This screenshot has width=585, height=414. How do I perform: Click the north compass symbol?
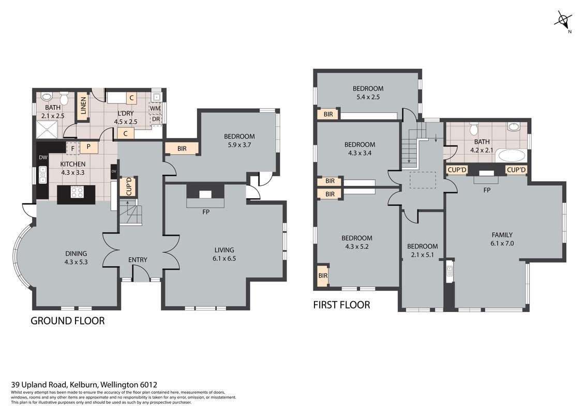[563, 20]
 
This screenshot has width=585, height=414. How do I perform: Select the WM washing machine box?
[155, 108]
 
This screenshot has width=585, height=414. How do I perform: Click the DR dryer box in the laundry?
[156, 119]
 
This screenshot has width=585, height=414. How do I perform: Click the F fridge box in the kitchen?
[73, 149]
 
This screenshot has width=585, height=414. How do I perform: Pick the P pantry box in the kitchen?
[88, 147]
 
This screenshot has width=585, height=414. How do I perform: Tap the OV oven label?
[114, 171]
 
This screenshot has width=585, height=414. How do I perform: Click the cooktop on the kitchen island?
[77, 193]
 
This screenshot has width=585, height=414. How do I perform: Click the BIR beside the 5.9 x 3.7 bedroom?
[182, 148]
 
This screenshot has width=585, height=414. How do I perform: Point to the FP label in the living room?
[205, 212]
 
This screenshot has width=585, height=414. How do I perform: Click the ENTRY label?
[138, 259]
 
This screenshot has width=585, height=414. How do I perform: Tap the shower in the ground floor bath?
[47, 129]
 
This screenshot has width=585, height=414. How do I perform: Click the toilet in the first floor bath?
[474, 129]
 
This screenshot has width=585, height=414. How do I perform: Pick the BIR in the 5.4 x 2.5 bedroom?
[328, 114]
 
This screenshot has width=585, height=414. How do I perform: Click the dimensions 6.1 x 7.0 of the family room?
[502, 243]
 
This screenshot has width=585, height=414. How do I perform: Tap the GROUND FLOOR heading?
[68, 321]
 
